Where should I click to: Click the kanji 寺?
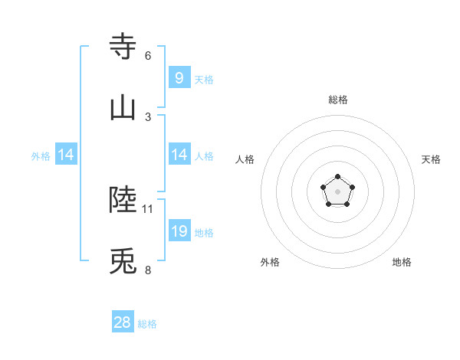click(x=123, y=46)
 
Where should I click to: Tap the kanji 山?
click(x=123, y=108)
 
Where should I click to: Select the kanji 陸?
click(x=123, y=200)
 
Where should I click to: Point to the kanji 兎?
click(x=123, y=263)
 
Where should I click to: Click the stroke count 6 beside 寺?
click(x=148, y=55)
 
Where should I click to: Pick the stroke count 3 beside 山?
click(x=148, y=116)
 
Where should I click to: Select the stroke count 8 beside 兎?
click(x=148, y=270)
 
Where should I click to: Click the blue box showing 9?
click(x=179, y=77)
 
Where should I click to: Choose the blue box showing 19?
click(x=179, y=231)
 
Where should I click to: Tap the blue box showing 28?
click(x=123, y=322)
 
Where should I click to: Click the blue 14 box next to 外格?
click(x=66, y=155)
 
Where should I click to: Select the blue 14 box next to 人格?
click(x=179, y=155)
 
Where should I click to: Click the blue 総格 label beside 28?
click(x=147, y=324)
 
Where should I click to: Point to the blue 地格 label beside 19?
click(x=204, y=233)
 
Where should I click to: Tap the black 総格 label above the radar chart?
click(x=337, y=100)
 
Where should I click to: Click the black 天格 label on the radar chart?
click(x=431, y=159)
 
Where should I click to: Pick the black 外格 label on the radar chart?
click(x=270, y=262)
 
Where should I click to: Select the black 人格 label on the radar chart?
click(x=245, y=159)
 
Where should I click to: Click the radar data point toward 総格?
click(x=337, y=177)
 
